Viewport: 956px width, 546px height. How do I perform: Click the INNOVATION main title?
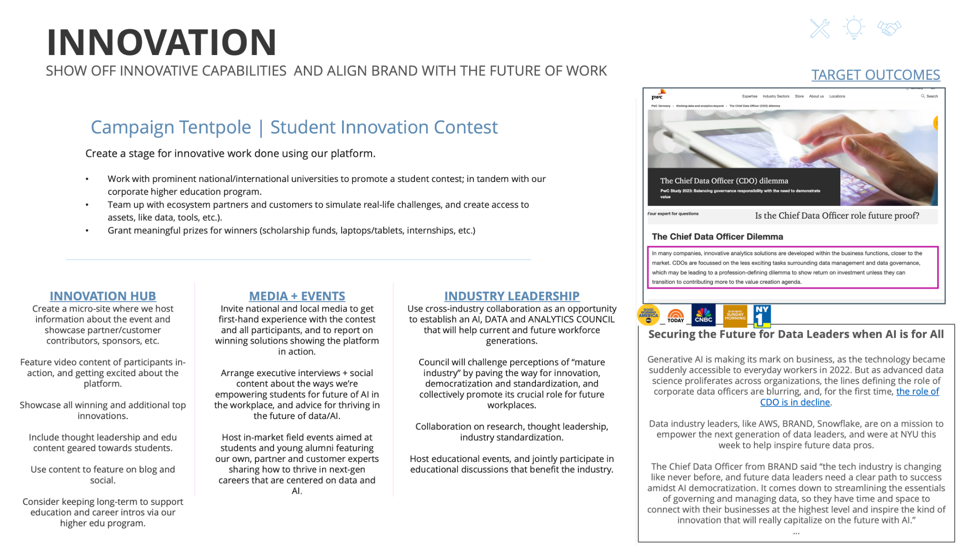click(x=162, y=42)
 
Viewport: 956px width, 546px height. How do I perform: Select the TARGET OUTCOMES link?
click(x=875, y=75)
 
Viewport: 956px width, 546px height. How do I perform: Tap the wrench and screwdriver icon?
click(x=820, y=28)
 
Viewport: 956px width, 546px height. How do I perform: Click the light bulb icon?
click(x=854, y=28)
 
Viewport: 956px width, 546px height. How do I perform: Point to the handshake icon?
click(x=889, y=28)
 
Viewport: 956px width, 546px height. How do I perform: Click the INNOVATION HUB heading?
click(x=103, y=296)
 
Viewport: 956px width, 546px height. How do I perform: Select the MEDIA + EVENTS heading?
click(x=297, y=296)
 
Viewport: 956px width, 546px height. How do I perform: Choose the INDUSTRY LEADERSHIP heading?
click(x=512, y=296)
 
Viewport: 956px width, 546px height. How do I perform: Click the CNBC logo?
click(x=703, y=315)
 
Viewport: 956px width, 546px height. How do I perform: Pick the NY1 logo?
click(x=762, y=315)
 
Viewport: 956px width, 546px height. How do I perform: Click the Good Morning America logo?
click(x=648, y=315)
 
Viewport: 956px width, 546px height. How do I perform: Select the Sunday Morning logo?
click(x=735, y=315)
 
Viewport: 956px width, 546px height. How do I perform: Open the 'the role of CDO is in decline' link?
click(x=795, y=402)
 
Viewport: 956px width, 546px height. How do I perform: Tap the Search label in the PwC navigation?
click(x=932, y=96)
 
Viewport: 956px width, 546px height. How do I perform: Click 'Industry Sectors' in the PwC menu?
click(x=776, y=96)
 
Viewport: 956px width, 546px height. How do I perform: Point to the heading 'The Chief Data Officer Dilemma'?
click(x=717, y=237)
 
